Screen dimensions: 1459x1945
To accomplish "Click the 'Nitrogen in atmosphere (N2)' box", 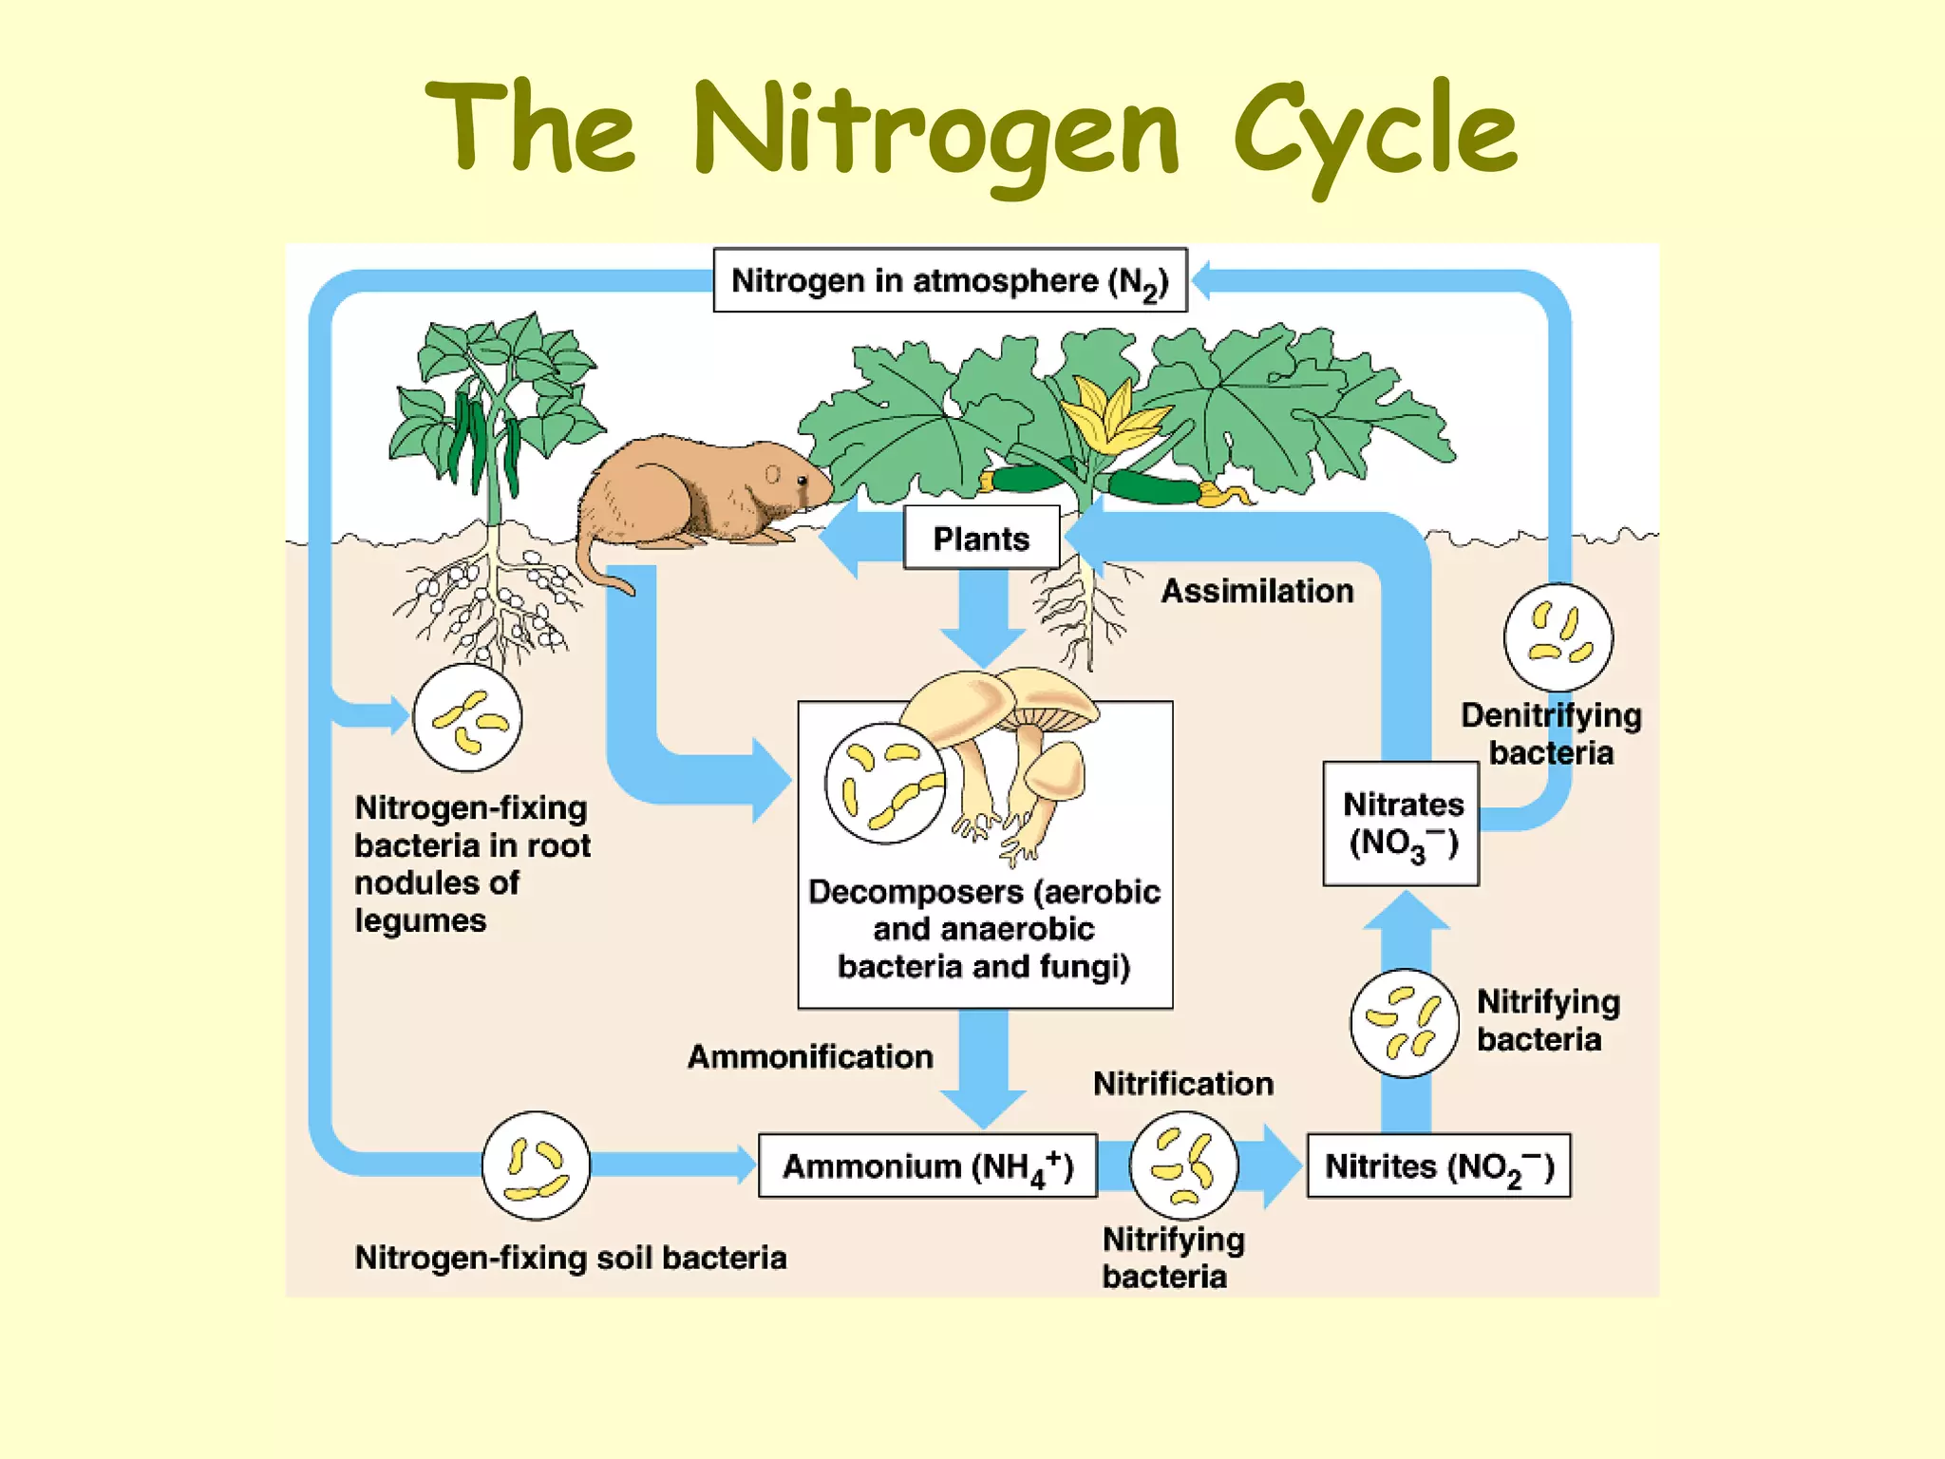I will click(x=950, y=280).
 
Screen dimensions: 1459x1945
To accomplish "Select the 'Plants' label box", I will click(x=981, y=539).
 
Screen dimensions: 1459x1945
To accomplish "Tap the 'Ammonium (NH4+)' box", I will click(x=928, y=1165).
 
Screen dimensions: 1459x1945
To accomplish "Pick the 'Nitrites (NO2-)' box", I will click(x=1439, y=1165).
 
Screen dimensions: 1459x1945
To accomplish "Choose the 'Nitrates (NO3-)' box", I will click(x=1402, y=824).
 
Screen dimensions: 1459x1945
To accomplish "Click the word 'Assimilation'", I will click(x=1257, y=591).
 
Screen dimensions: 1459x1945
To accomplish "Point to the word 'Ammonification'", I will click(x=810, y=1056).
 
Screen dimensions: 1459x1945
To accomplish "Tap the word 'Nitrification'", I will click(x=1183, y=1084).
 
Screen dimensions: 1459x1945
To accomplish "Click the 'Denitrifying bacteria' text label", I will click(x=1551, y=733).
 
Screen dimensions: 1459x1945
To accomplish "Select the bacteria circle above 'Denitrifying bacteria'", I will click(x=1558, y=637).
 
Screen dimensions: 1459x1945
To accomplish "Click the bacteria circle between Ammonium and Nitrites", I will click(x=1183, y=1165).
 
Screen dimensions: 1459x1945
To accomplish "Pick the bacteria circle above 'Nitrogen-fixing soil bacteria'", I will click(x=536, y=1165).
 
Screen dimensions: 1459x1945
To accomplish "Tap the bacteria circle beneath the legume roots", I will click(x=467, y=718).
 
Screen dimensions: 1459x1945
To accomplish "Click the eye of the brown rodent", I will click(x=802, y=481).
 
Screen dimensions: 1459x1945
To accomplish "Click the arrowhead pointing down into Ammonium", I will click(x=983, y=1109).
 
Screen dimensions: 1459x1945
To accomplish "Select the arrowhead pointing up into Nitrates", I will click(x=1407, y=912).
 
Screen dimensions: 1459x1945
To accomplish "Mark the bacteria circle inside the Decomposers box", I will click(x=885, y=784).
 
